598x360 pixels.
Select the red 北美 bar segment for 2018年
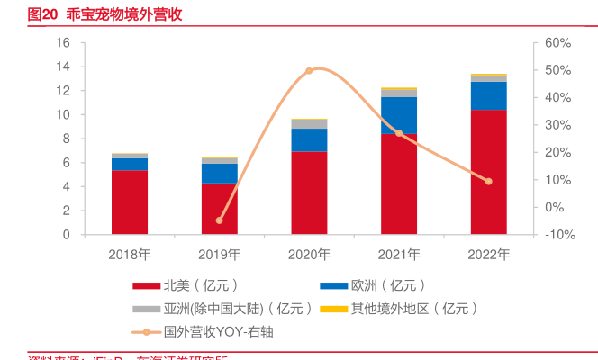130,202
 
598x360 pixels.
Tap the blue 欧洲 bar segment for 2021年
399,115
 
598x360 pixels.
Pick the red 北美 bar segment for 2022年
488,172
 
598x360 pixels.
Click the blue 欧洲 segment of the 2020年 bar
309,139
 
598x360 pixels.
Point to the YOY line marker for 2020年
309,70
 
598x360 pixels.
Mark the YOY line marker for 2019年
220,220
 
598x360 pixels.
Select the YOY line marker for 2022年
488,181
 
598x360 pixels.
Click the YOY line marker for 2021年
399,133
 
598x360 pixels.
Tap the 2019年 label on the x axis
220,254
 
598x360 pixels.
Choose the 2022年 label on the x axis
488,254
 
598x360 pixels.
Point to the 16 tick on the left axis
63,43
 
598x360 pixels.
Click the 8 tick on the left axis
66,139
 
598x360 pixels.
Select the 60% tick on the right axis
558,43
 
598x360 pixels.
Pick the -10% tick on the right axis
560,235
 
